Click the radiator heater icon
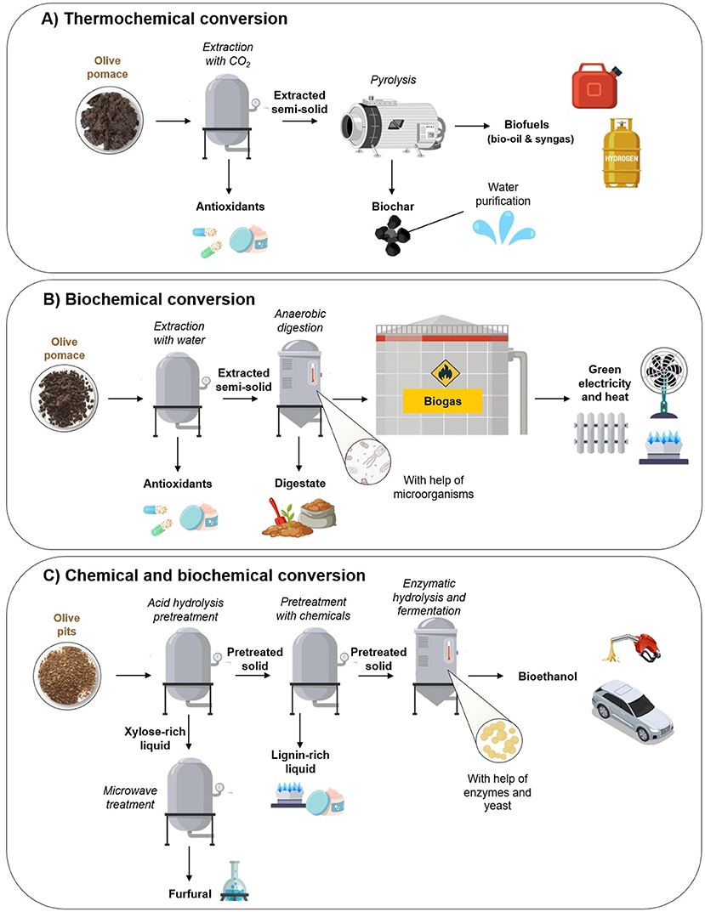[597, 436]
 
